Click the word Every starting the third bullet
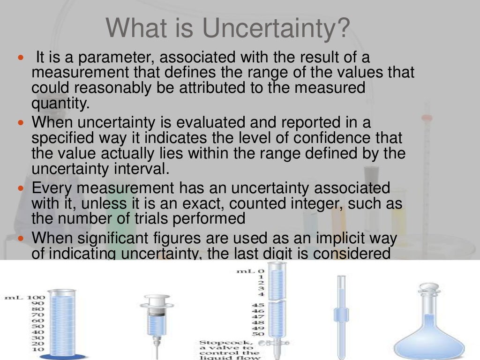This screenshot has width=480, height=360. pyautogui.click(x=52, y=188)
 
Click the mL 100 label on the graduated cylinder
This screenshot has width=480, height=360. pyautogui.click(x=24, y=297)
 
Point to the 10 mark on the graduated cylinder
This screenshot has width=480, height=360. pyautogui.click(x=37, y=350)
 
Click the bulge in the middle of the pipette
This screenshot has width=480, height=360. pyautogui.click(x=342, y=314)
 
